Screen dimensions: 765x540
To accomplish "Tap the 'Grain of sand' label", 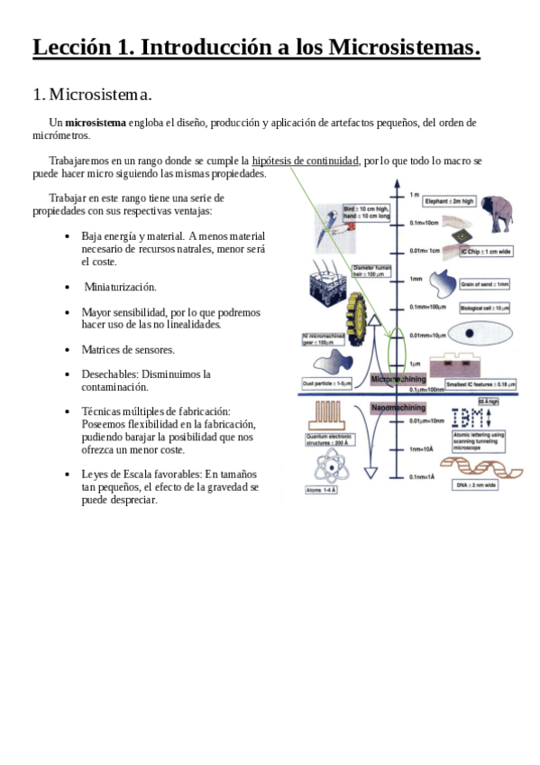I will tap(485, 283).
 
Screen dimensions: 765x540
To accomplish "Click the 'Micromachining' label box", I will tap(398, 380).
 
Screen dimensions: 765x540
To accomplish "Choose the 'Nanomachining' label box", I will tap(398, 408).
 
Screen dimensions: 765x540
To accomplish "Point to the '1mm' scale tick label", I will tap(416, 279).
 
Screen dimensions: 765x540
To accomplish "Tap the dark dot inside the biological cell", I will tap(471, 334).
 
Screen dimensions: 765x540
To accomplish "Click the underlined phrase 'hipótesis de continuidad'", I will tap(306, 161).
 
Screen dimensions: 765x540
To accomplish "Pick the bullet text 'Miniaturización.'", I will tap(120, 287).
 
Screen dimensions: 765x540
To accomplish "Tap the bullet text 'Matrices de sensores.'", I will tap(128, 349).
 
